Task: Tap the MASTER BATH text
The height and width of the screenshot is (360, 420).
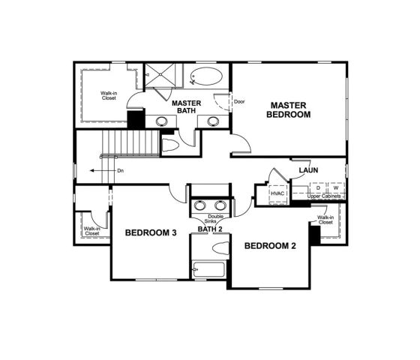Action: pyautogui.click(x=185, y=106)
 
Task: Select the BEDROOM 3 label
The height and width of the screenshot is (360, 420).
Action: pyautogui.click(x=150, y=233)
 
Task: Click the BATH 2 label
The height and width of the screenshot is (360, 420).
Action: pyautogui.click(x=210, y=229)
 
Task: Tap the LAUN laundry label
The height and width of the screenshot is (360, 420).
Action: pyautogui.click(x=308, y=170)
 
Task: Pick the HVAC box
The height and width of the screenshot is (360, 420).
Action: pyautogui.click(x=278, y=193)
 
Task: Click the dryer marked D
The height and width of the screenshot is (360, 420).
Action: pyautogui.click(x=318, y=187)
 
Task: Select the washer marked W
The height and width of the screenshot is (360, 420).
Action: pyautogui.click(x=335, y=187)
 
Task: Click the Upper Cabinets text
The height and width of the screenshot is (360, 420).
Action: pyautogui.click(x=324, y=196)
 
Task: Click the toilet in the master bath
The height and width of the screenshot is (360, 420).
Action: pyautogui.click(x=169, y=145)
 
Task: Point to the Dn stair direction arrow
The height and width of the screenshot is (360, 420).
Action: pyautogui.click(x=96, y=171)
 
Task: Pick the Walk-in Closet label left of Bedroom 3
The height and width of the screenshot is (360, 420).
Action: pyautogui.click(x=91, y=231)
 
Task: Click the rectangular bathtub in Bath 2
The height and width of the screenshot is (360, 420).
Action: pyautogui.click(x=207, y=270)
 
